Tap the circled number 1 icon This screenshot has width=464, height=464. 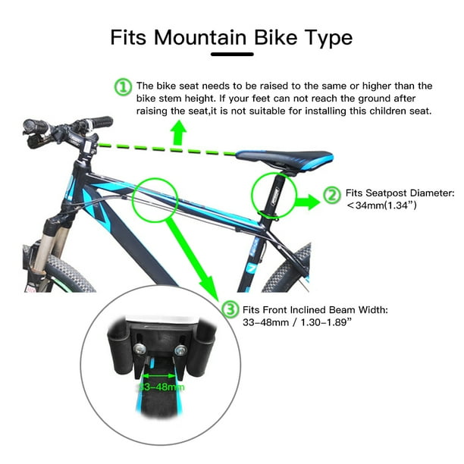coord(123,87)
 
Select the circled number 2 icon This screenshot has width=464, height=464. coord(332,195)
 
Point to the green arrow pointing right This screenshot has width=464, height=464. coord(306,202)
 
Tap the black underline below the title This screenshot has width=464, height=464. coord(231,54)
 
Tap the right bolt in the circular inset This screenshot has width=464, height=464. coord(180,350)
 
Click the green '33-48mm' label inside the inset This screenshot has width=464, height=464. coord(161,387)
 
